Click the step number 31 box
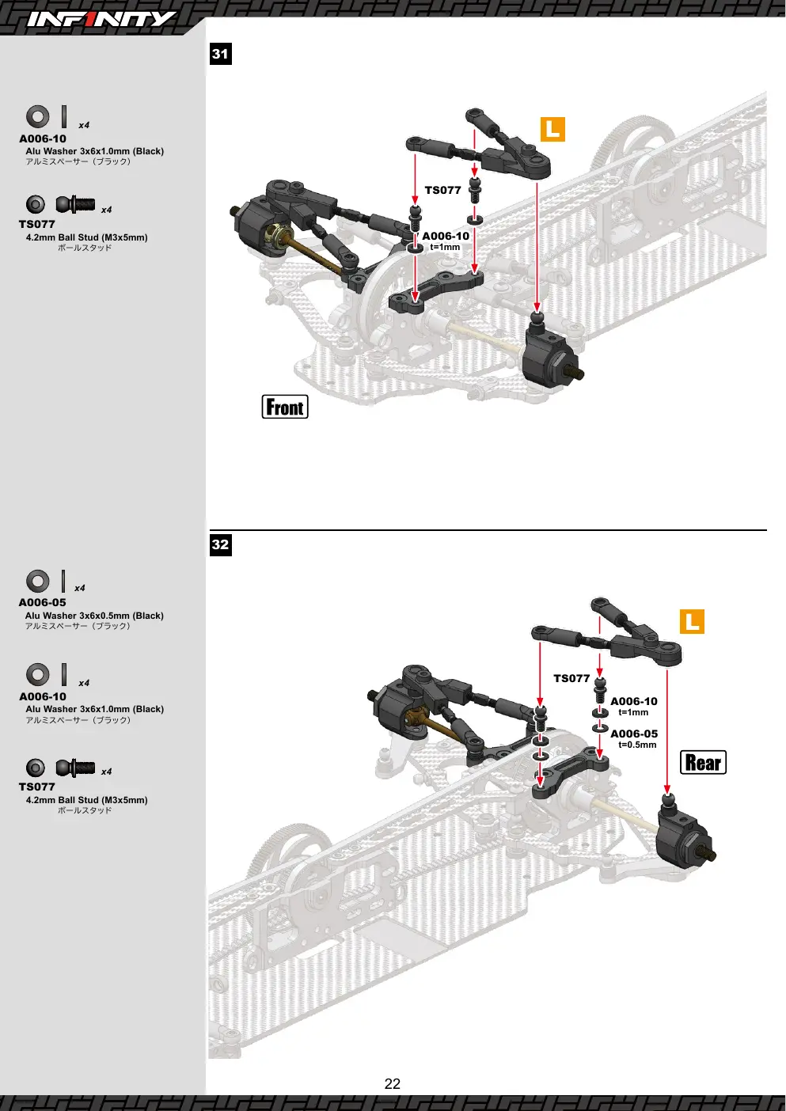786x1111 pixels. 220,54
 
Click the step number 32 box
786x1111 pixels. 220,544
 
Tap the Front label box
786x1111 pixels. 285,407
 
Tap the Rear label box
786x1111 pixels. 703,762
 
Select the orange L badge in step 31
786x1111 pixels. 552,130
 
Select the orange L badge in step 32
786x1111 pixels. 693,621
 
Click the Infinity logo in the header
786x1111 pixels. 101,19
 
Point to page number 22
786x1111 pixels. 392,1084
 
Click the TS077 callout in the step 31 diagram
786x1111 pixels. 442,190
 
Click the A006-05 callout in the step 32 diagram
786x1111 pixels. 634,734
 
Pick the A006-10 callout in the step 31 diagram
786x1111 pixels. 446,236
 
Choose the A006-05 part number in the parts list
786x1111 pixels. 42,602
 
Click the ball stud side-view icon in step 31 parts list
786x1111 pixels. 75,204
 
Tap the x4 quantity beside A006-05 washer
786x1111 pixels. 79,588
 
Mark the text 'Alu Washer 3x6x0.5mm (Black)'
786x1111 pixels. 94,616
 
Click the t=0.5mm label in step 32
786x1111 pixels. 637,745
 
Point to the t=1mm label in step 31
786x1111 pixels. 445,247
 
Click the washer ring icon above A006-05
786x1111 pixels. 38,582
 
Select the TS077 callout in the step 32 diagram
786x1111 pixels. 571,678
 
